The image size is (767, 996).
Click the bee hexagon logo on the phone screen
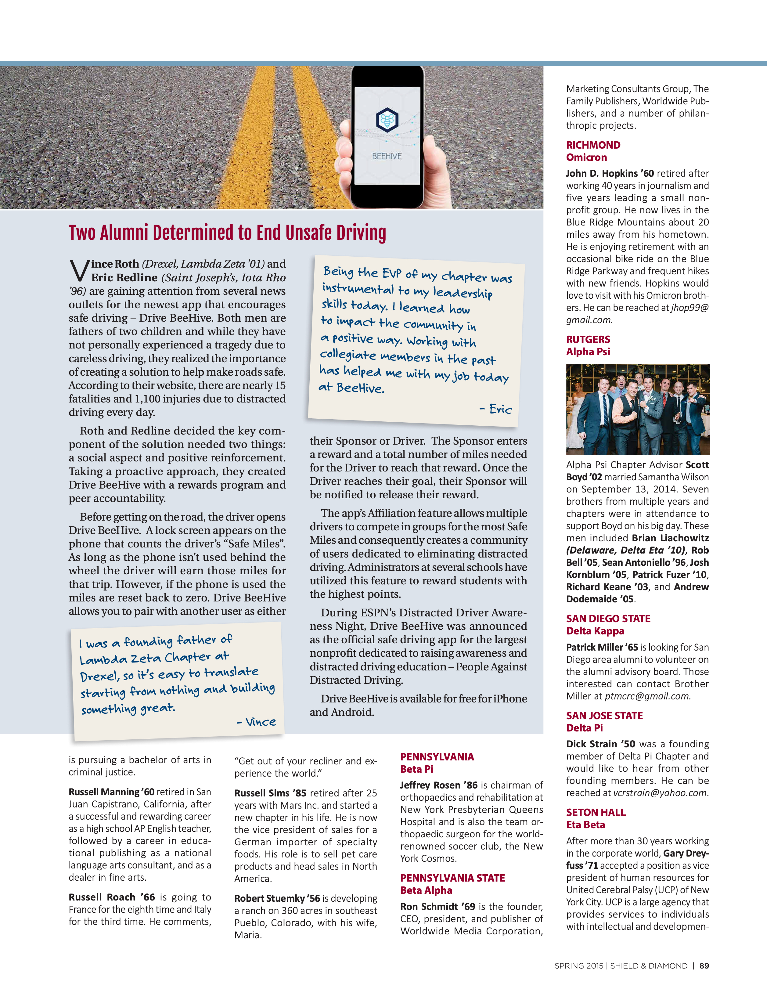[387, 120]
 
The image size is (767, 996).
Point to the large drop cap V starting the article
[79, 271]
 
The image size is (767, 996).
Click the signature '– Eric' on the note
[496, 409]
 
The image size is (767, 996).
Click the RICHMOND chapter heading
[593, 145]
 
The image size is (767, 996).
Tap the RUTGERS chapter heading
[588, 339]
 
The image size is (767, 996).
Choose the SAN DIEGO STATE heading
[608, 619]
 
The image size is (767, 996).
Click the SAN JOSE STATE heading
[604, 716]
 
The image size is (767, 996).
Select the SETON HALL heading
[596, 812]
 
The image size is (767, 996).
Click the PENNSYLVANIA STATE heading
[452, 878]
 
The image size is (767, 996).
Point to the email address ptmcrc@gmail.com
[647, 696]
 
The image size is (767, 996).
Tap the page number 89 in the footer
[704, 965]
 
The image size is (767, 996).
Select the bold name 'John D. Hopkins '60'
[610, 173]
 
